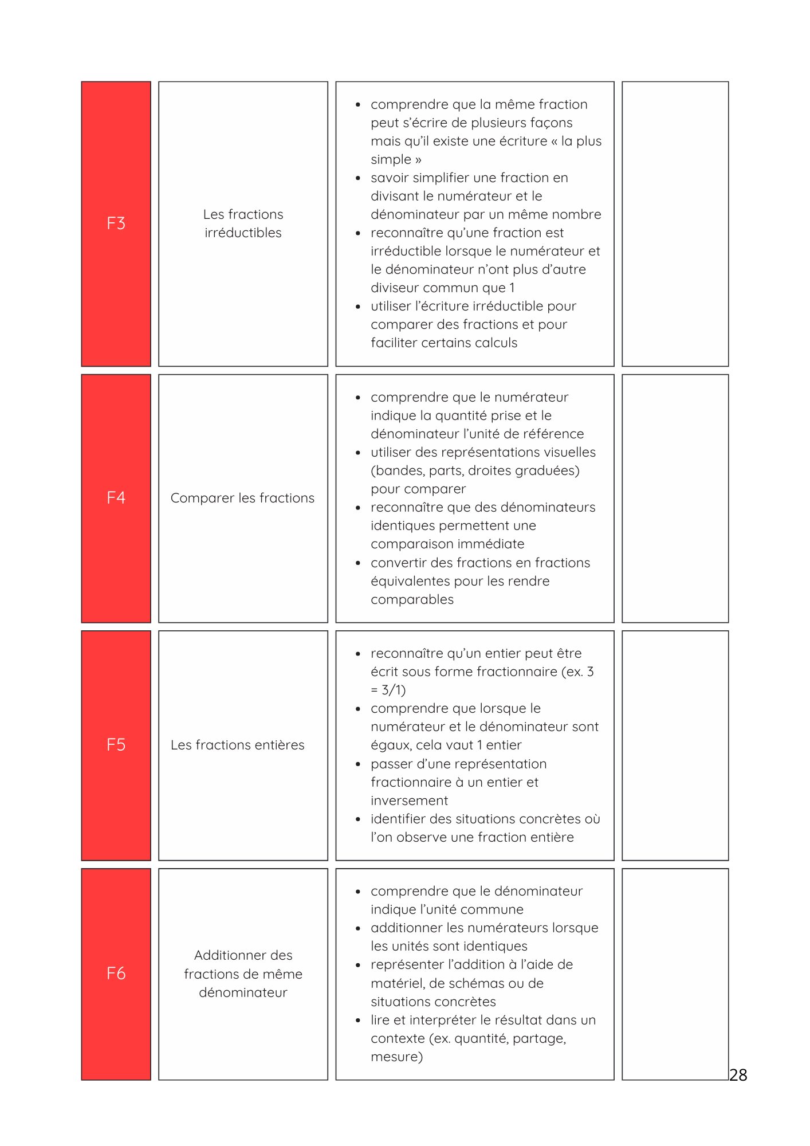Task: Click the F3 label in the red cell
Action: tap(116, 223)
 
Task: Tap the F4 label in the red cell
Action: tap(116, 497)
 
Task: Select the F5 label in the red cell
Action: tap(116, 744)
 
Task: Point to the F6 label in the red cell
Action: tap(116, 973)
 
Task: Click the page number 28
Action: tap(738, 1075)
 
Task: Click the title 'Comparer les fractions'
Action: tap(242, 498)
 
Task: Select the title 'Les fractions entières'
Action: tap(237, 745)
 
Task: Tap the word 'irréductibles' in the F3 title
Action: tap(243, 233)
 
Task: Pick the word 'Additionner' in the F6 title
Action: tap(227, 955)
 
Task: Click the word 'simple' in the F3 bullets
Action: tap(391, 159)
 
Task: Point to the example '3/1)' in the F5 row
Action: tap(394, 690)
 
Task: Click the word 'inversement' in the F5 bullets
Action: tap(409, 800)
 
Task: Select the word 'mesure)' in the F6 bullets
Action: tap(396, 1057)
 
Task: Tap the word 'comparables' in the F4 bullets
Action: tap(412, 599)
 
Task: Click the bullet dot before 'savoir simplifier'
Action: tap(358, 178)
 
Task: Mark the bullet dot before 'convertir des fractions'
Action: tap(358, 563)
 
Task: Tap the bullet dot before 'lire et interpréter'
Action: tap(358, 1021)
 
